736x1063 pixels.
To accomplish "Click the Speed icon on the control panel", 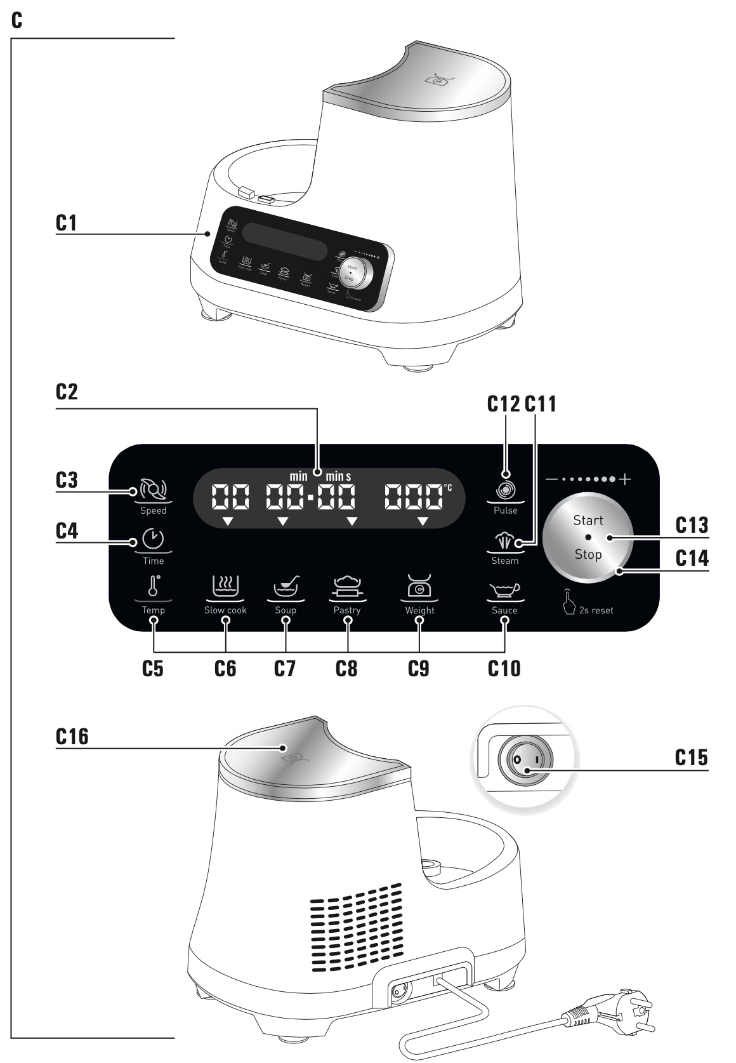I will (153, 490).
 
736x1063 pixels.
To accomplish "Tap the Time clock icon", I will (153, 539).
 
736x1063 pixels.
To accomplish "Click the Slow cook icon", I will (225, 586).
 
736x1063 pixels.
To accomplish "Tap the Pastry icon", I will (347, 586).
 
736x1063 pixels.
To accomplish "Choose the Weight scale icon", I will (419, 586).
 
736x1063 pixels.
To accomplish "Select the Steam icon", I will (505, 541).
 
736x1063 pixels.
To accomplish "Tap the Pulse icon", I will (506, 490).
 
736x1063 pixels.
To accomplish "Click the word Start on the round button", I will (588, 521).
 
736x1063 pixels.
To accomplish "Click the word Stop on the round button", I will (588, 554).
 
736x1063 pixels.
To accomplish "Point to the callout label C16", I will (72, 737).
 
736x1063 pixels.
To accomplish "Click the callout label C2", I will (67, 392).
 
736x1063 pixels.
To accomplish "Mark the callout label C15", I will (691, 758).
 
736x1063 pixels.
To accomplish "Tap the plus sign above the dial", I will (626, 479).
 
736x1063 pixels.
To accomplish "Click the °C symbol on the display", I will (448, 487).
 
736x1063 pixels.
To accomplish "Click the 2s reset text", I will (596, 610).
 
